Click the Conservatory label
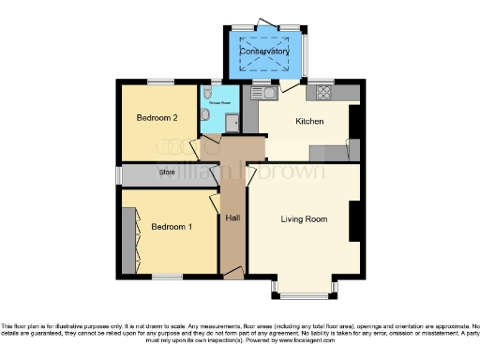pos(270,52)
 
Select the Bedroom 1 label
pos(172,227)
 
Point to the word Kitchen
pos(309,122)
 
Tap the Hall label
pos(232,218)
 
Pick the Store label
pos(168,172)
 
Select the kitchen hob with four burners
pos(324,92)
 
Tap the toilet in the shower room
pos(204,113)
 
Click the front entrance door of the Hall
pos(232,272)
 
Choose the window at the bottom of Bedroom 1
pos(168,276)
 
